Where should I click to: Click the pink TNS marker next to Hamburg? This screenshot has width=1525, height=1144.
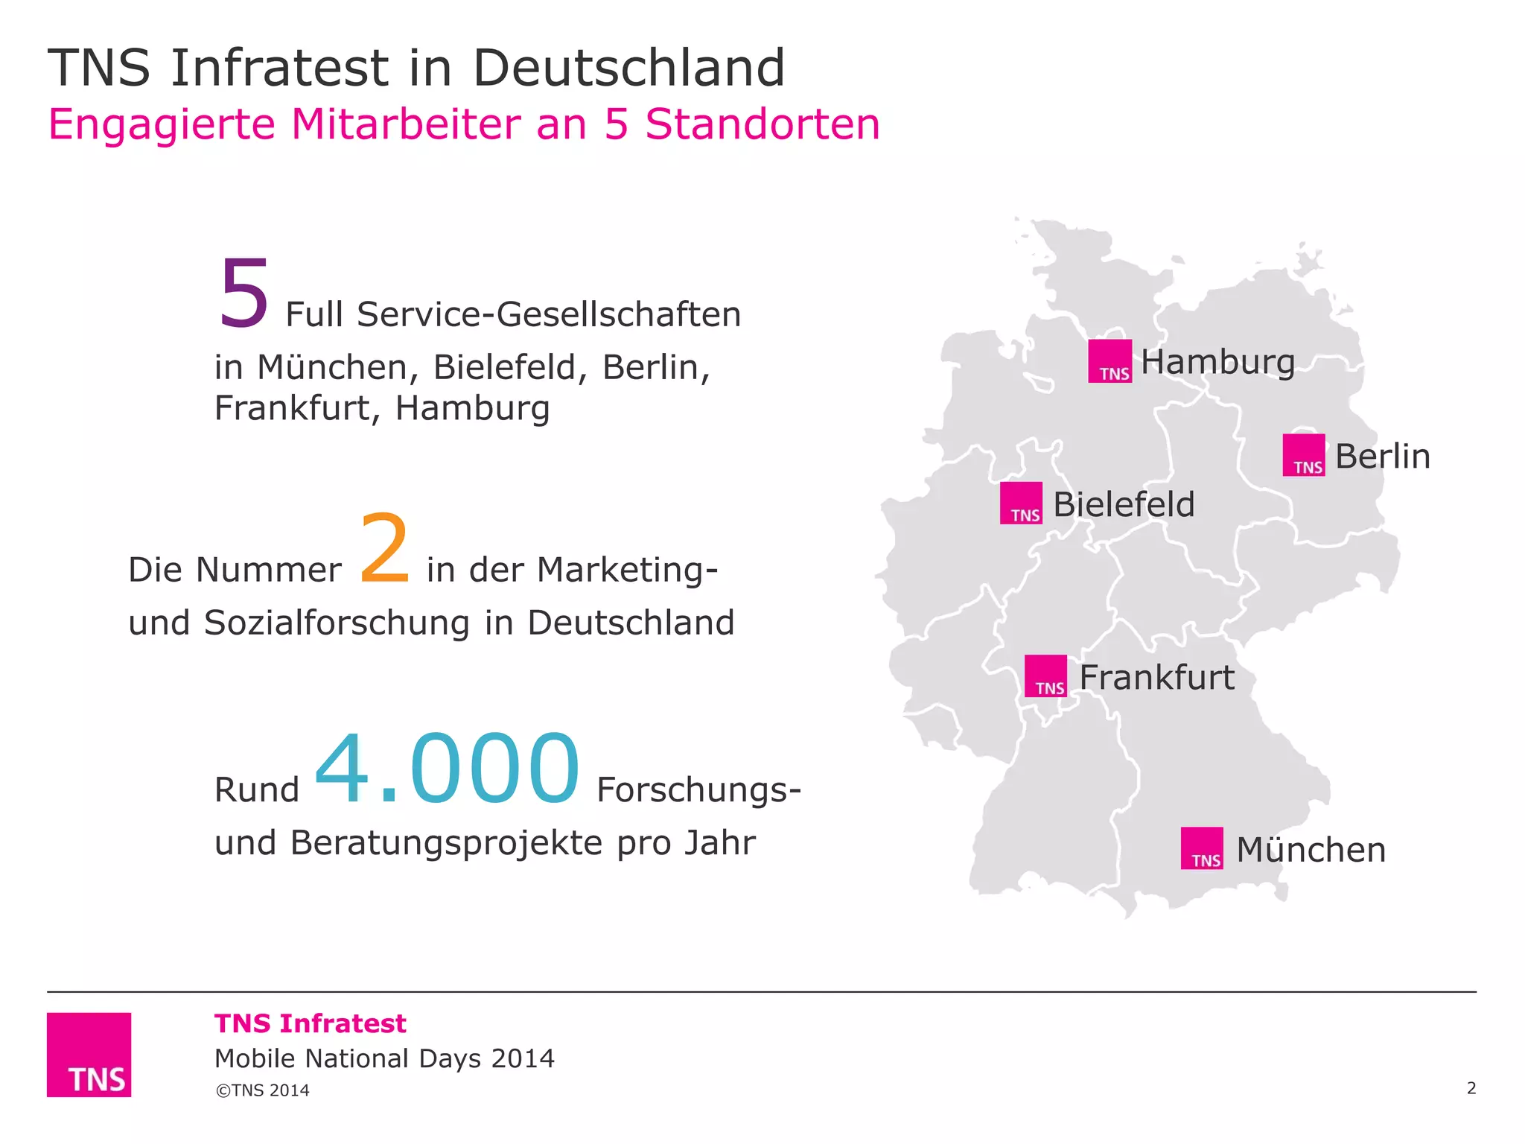tap(1109, 361)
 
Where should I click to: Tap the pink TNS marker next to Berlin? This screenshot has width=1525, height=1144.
tap(1303, 455)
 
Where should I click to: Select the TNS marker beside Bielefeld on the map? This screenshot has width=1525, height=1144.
tap(1021, 503)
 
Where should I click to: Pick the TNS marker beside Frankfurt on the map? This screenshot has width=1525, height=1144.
tap(1045, 676)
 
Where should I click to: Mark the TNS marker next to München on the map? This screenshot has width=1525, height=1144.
tap(1202, 848)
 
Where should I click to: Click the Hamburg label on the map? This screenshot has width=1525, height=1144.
tap(1217, 363)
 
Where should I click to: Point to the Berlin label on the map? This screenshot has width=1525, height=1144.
tap(1383, 457)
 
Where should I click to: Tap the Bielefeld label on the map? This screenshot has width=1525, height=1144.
tap(1124, 505)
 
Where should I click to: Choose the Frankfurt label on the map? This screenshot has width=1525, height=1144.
tap(1156, 678)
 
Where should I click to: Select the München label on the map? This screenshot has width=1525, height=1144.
tap(1311, 850)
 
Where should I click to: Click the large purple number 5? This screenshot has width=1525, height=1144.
tap(243, 293)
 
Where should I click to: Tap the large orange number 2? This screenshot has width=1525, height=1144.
tap(384, 548)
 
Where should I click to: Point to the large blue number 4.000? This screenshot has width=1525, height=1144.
tap(447, 769)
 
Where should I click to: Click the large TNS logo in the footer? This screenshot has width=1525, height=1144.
tap(89, 1055)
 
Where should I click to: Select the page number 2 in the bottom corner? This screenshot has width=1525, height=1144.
tap(1471, 1088)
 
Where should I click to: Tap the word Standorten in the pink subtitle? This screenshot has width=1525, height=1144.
tap(762, 124)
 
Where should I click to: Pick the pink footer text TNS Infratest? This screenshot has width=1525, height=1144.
tap(311, 1023)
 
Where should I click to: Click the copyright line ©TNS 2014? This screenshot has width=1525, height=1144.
tap(262, 1090)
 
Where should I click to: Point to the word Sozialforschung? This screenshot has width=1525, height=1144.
tap(337, 623)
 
